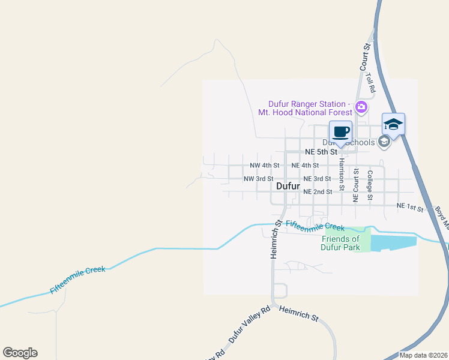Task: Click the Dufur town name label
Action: pyautogui.click(x=288, y=186)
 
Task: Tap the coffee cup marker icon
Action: pyautogui.click(x=340, y=132)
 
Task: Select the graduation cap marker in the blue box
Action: pyautogui.click(x=393, y=124)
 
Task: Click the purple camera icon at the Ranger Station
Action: pyautogui.click(x=361, y=108)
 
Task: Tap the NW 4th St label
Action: pyautogui.click(x=264, y=165)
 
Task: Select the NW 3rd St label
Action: pyautogui.click(x=258, y=179)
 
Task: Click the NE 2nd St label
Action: pyautogui.click(x=318, y=192)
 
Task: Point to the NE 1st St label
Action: pyautogui.click(x=410, y=208)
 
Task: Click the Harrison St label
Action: pyautogui.click(x=342, y=175)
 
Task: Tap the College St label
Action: pyautogui.click(x=370, y=185)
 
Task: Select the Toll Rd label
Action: pyautogui.click(x=371, y=82)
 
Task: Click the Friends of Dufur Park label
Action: pyautogui.click(x=340, y=243)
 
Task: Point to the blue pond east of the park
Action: pyautogui.click(x=393, y=243)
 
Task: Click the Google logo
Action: pyautogui.click(x=20, y=353)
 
